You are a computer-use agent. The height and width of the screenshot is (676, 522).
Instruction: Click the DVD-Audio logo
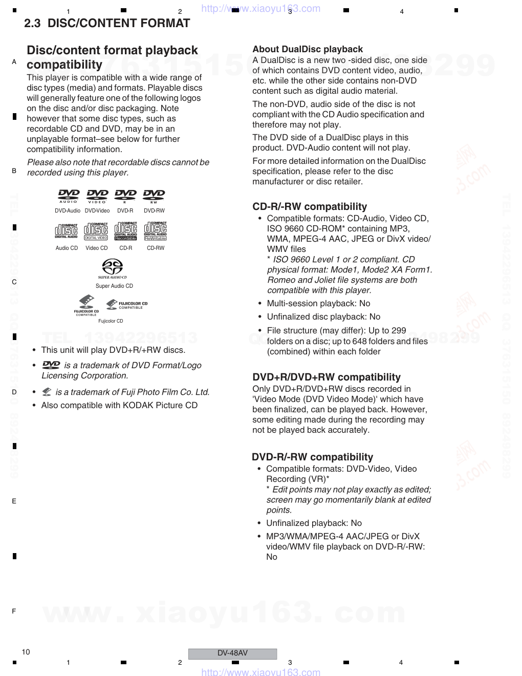click(69, 196)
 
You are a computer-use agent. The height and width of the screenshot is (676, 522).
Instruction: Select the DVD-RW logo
click(154, 196)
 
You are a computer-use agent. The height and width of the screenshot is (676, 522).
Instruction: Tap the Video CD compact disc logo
click(96, 231)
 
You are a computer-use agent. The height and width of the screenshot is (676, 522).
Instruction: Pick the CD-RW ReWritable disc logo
click(156, 231)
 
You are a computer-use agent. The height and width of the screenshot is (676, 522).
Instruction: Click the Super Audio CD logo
click(113, 268)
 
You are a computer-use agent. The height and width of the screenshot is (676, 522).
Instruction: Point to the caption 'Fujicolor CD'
click(111, 321)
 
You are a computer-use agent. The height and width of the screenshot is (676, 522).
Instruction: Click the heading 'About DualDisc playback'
click(308, 49)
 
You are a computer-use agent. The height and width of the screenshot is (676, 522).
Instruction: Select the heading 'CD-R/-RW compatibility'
click(310, 206)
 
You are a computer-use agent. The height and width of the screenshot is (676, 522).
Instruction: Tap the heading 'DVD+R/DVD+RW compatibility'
click(327, 377)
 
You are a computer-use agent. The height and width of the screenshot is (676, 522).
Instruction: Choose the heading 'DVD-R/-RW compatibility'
click(312, 457)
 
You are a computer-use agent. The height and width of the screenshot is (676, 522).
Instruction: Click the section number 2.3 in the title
click(32, 23)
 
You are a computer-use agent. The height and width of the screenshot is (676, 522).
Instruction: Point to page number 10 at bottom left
click(26, 652)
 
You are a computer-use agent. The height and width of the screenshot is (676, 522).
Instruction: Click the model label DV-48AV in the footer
click(232, 653)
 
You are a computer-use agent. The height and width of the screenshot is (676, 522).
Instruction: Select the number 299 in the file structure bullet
click(399, 330)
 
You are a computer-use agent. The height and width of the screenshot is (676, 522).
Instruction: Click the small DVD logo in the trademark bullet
click(51, 365)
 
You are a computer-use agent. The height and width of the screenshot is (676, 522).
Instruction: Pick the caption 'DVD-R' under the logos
click(125, 210)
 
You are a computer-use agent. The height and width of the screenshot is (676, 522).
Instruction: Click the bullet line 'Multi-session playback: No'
click(318, 303)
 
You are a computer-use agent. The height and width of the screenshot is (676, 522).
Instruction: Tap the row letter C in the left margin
click(14, 282)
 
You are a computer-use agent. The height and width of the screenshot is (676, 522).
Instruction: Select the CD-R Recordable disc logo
click(125, 231)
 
